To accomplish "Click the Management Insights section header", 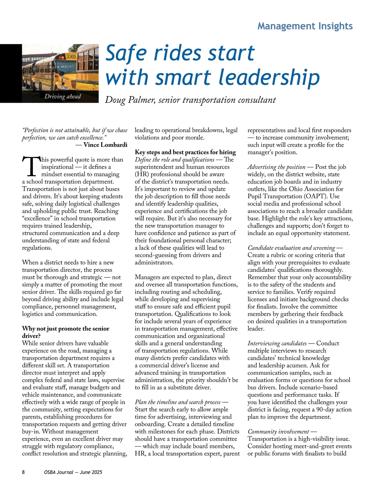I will pyautogui.click(x=305, y=26).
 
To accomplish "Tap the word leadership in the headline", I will pyautogui.click(x=269, y=77).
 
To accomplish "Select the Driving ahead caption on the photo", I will pyautogui.click(x=62, y=97).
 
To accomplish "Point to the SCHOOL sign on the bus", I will pyautogui.click(x=72, y=57).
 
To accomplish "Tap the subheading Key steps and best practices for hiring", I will pyautogui.click(x=185, y=152).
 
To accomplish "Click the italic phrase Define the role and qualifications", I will pyautogui.click(x=174, y=160).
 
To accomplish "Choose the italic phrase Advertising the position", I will pyautogui.click(x=276, y=167).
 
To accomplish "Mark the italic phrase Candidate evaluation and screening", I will pyautogui.click(x=291, y=248).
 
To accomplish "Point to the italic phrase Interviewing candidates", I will pyautogui.click(x=277, y=344).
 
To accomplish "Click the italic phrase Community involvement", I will pyautogui.click(x=278, y=432).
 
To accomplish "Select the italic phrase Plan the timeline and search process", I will pyautogui.click(x=177, y=402).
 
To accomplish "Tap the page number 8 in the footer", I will pyautogui.click(x=23, y=472).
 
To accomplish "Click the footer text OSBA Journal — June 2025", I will pyautogui.click(x=73, y=472).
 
